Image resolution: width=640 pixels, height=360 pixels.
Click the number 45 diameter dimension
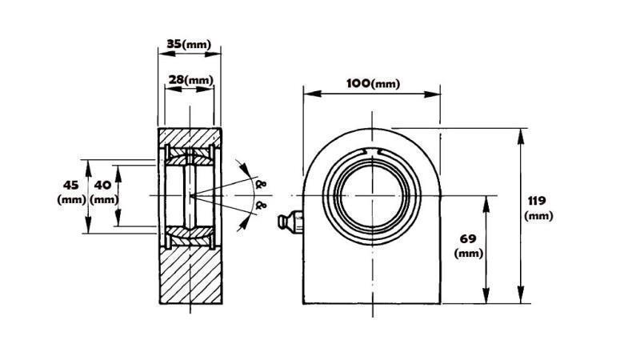pyautogui.click(x=70, y=185)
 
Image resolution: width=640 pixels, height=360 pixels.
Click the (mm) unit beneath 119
pyautogui.click(x=538, y=216)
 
